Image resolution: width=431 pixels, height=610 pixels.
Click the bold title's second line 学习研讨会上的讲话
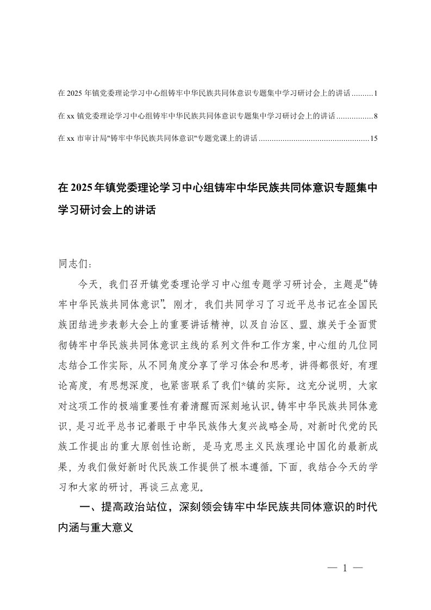click(107, 211)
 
